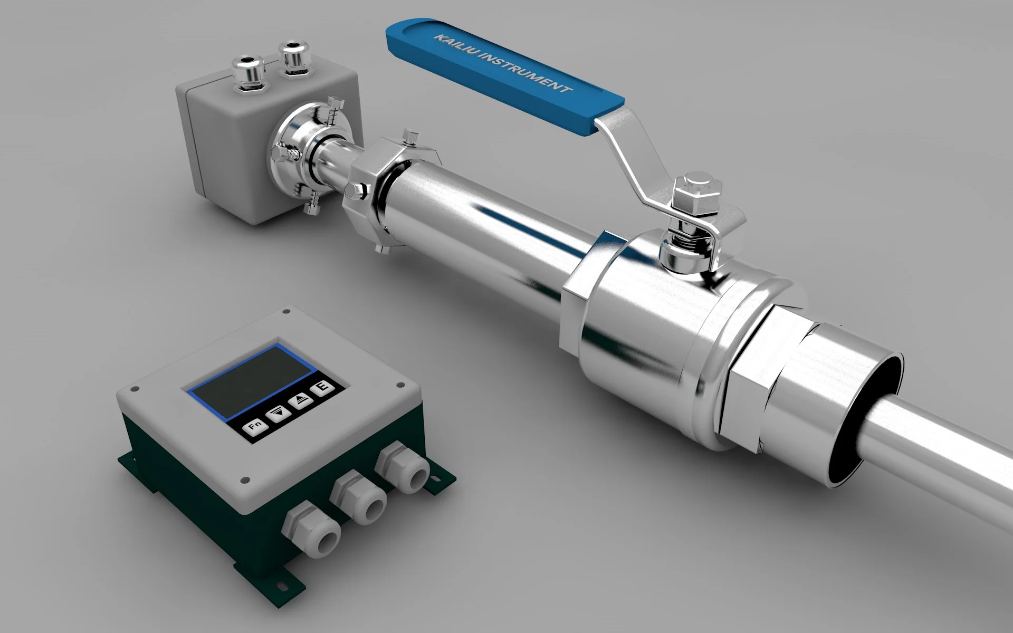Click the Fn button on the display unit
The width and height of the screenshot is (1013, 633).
coord(255,426)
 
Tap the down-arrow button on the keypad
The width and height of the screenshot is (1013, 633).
coord(278,413)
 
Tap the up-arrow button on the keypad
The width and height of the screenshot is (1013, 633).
coord(301,400)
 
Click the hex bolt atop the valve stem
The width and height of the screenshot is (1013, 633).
coord(697,187)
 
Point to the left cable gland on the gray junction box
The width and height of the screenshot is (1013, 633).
coord(249,71)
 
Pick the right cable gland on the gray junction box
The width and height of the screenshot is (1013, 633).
coord(294,57)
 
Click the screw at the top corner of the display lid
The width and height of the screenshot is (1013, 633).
coord(286,312)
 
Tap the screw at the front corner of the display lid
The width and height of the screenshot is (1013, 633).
coord(244,480)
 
